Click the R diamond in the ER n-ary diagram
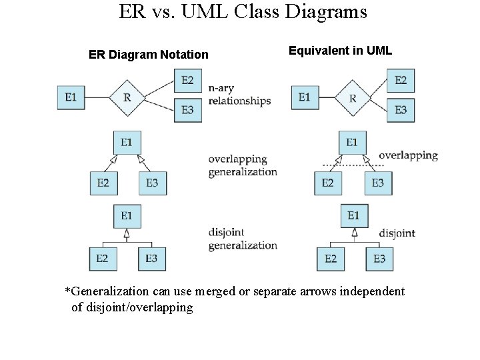click(x=127, y=97)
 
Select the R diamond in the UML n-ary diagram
click(x=352, y=98)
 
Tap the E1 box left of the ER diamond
click(x=71, y=97)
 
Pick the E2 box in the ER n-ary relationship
click(x=187, y=81)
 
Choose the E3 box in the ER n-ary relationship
click(x=187, y=110)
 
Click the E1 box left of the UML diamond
click(x=305, y=97)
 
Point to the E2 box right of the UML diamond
click(x=400, y=81)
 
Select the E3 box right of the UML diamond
click(x=400, y=110)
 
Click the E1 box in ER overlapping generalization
click(x=127, y=142)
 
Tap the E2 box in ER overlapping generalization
click(x=103, y=183)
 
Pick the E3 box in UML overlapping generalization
click(x=377, y=183)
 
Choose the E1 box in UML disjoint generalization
click(x=353, y=215)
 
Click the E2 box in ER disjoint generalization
click(x=102, y=258)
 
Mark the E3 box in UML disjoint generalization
click(x=379, y=259)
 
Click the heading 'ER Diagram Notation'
click(x=148, y=55)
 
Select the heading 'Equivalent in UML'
click(x=340, y=51)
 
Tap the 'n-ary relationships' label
click(x=239, y=95)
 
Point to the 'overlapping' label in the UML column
click(x=408, y=155)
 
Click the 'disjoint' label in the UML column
click(x=397, y=233)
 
